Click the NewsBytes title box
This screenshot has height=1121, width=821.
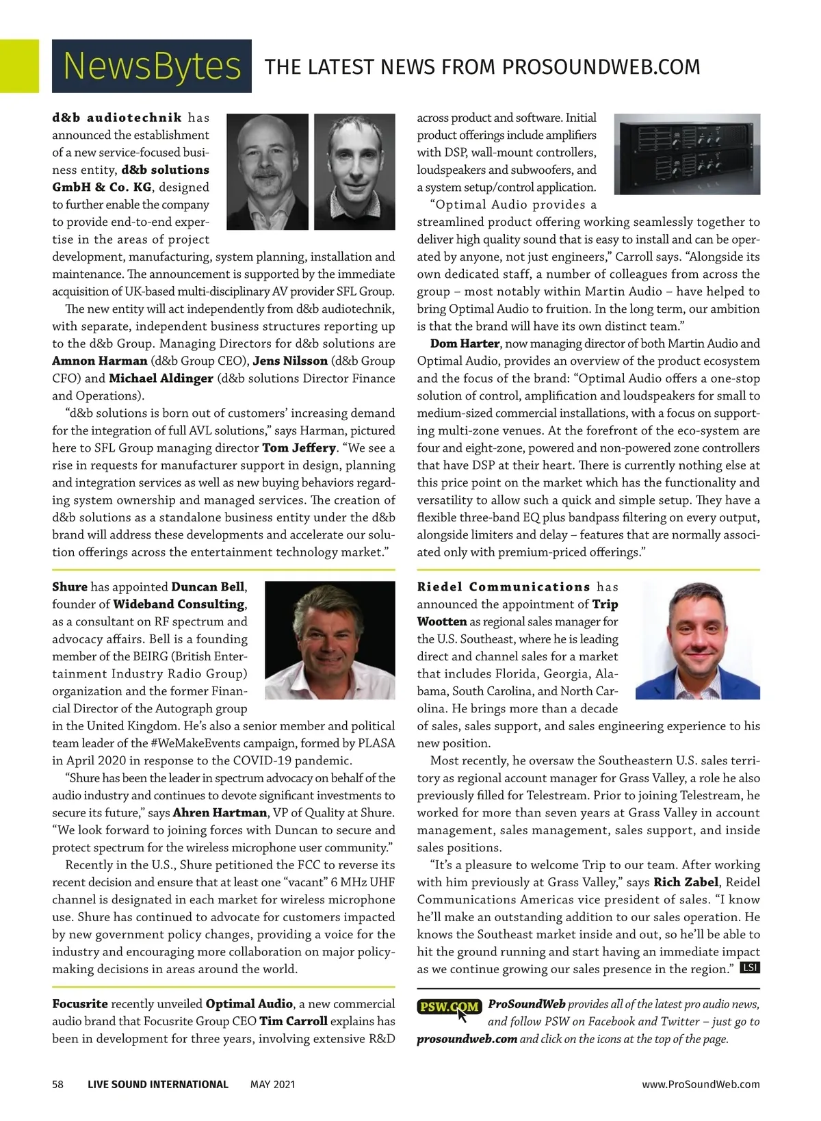point(151,66)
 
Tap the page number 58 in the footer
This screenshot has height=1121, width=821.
point(58,1084)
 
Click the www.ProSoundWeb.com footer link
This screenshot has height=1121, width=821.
point(701,1084)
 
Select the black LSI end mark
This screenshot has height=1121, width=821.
point(750,968)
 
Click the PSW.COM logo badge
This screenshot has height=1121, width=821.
point(449,1007)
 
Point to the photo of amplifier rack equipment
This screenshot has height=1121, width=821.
point(687,154)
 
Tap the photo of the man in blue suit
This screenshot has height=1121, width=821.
point(697,640)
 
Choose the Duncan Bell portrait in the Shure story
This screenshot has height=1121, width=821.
point(329,640)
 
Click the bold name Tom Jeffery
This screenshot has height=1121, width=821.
point(299,448)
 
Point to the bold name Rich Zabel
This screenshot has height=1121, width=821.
point(686,882)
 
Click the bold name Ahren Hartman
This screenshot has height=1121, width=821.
point(220,813)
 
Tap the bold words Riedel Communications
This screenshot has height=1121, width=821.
point(504,587)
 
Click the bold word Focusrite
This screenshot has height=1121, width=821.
point(80,1004)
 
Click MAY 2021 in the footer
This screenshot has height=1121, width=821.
point(272,1084)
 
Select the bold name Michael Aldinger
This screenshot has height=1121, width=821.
point(161,378)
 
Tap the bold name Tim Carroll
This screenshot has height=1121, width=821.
point(293,1021)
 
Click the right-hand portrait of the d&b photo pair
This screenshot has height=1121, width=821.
point(354,171)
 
